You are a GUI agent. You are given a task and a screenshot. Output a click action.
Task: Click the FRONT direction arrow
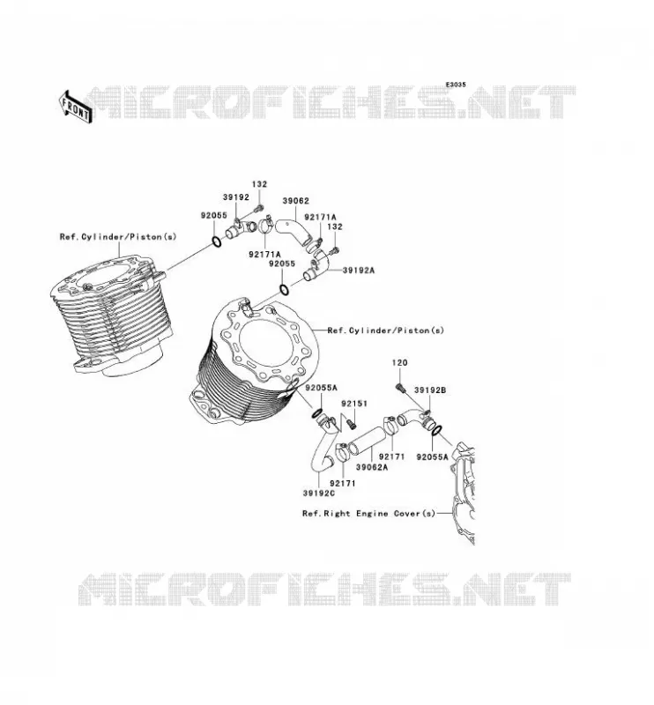[76, 107]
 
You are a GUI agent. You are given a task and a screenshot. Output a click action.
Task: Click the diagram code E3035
[456, 85]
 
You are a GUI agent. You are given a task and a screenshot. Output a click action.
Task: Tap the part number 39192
[235, 197]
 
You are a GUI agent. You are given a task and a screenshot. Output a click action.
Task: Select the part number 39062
[295, 201]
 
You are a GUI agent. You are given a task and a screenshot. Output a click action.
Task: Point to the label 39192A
[359, 271]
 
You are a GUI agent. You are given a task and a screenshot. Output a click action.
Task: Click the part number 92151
[354, 404]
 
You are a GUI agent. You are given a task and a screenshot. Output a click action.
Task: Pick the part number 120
[399, 362]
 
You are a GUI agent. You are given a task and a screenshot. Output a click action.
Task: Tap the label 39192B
[430, 390]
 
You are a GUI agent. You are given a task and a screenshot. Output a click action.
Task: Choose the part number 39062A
[372, 467]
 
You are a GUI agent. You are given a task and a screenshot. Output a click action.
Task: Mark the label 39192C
[319, 493]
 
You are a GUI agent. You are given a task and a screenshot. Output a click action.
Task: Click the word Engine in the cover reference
[372, 514]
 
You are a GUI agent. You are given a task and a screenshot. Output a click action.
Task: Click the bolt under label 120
[400, 387]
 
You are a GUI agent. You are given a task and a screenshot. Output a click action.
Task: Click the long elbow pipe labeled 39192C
[324, 445]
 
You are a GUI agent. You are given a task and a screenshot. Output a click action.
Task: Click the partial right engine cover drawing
[463, 493]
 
